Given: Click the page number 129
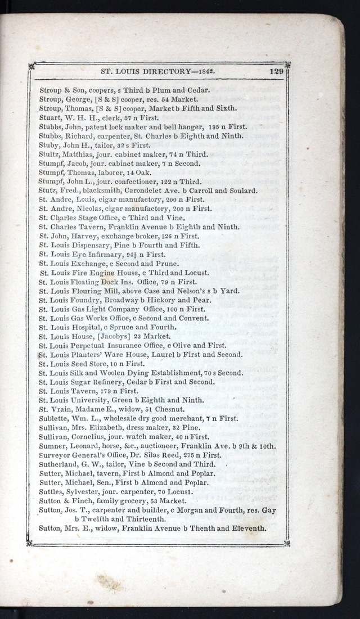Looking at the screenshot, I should point(276,72).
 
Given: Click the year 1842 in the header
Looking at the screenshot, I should point(208,72).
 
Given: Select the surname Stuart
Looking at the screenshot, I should point(49,118).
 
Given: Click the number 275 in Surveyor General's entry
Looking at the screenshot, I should point(195,455).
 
